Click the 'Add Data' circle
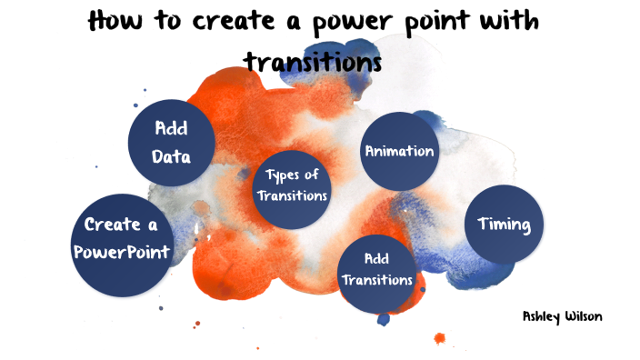pos(171,142)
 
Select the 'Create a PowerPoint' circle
pos(122,239)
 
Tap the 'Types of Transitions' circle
pos(291,185)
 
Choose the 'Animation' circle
pos(399,151)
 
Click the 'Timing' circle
pos(504,225)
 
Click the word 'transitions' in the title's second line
pos(312,61)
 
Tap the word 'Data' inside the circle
pos(171,156)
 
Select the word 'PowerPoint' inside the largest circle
pos(122,252)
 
